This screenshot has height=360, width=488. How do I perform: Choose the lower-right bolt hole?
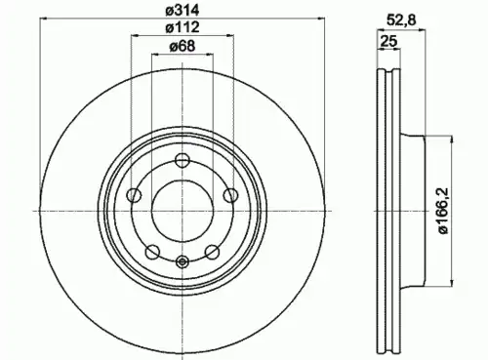tap(212, 252)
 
